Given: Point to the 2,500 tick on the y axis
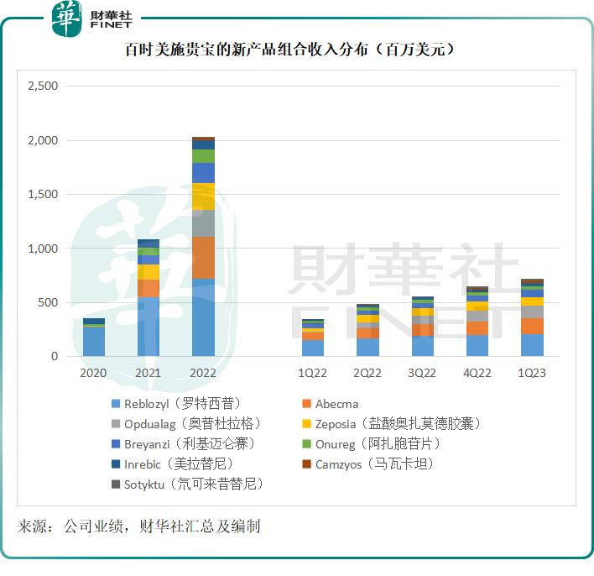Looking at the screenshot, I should [43, 86].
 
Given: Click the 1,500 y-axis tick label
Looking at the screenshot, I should [43, 195].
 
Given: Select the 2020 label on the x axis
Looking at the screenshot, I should [94, 373].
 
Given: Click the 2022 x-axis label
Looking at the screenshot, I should [203, 373].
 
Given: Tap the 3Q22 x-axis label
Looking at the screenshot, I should [422, 373].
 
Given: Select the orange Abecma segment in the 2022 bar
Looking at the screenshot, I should [203, 257].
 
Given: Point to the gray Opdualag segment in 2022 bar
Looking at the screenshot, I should [203, 223].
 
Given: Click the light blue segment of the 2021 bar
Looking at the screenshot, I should [148, 327].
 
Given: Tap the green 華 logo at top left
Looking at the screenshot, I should [66, 18].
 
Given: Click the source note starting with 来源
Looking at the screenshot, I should [139, 526].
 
